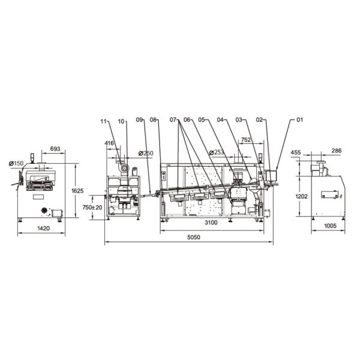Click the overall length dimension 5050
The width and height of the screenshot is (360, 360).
pos(194,237)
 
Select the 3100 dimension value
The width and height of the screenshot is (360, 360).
pos(211,223)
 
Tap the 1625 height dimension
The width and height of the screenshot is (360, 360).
pos(77,191)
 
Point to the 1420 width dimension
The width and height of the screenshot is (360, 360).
pos(43,228)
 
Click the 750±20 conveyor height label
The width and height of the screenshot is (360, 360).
pos(92,208)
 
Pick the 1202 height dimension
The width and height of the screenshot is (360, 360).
pos(301,196)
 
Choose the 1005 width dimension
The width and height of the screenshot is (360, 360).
pos(330,226)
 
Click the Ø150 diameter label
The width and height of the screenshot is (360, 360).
pos(16,163)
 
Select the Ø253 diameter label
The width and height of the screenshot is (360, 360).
pos(217,152)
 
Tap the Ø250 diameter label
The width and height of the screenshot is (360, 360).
pos(146,153)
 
